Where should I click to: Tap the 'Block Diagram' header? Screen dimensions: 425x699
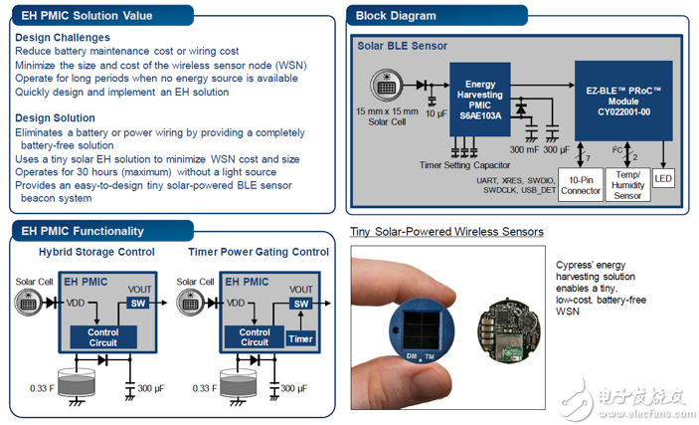(x=397, y=15)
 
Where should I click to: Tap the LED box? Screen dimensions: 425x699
(x=664, y=179)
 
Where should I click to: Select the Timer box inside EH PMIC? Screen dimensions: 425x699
(x=299, y=338)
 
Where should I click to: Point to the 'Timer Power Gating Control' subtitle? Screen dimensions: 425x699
(x=258, y=253)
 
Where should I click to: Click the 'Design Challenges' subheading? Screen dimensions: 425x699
(x=63, y=37)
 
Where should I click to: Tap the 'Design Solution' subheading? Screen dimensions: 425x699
(x=57, y=118)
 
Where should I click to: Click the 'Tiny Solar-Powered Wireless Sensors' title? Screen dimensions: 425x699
(x=446, y=232)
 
